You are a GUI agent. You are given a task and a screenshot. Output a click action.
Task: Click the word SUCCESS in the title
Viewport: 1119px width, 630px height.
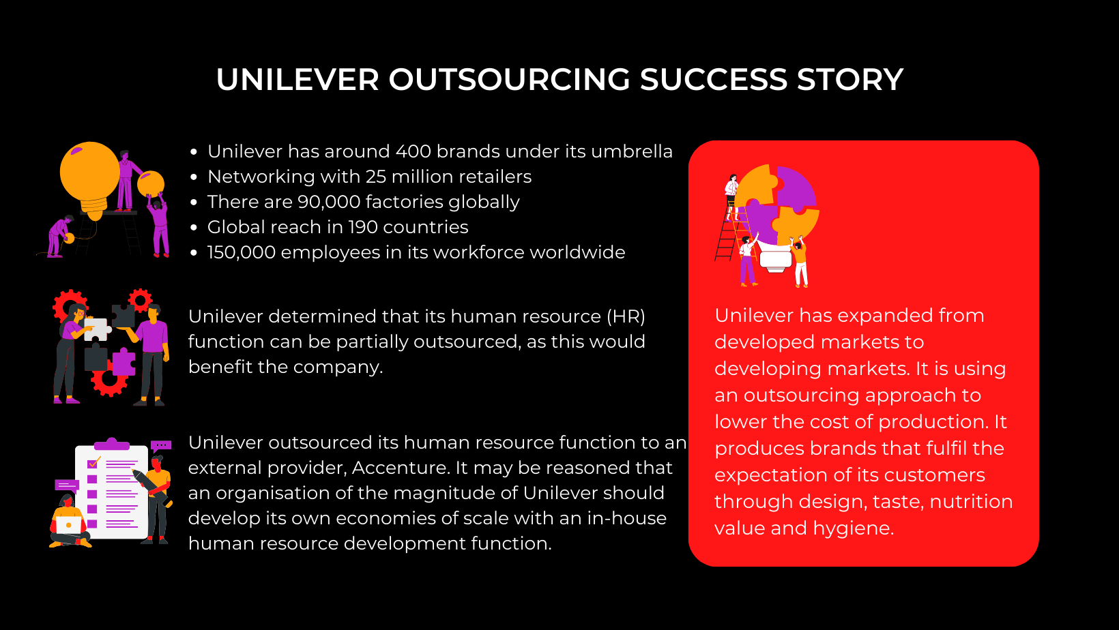[713, 80]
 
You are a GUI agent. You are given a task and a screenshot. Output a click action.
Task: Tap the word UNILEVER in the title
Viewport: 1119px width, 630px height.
[297, 80]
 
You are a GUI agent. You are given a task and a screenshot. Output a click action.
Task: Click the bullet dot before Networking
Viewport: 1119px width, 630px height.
[194, 177]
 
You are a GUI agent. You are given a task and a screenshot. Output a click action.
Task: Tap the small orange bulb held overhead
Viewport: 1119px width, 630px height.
[151, 183]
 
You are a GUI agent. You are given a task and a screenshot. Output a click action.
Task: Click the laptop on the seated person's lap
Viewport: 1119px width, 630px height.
[68, 525]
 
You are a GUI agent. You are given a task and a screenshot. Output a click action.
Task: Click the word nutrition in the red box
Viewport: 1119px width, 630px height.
[971, 502]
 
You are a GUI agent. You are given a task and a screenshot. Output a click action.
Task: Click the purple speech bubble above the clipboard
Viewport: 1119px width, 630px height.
[161, 446]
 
